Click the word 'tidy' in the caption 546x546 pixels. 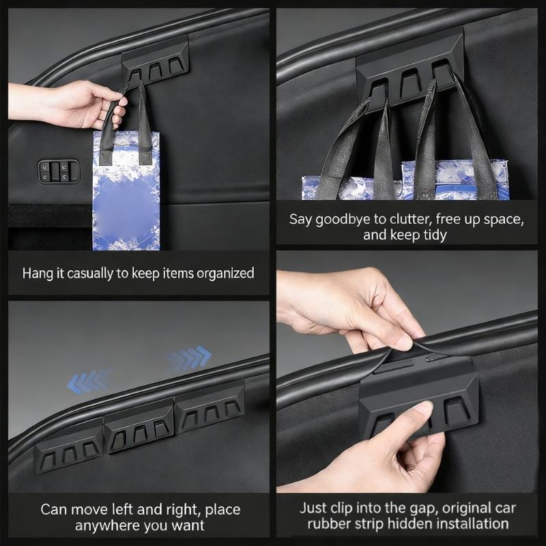click(435, 235)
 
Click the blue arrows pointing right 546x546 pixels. click(188, 358)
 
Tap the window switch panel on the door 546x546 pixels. click(59, 171)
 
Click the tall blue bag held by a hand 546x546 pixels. click(126, 190)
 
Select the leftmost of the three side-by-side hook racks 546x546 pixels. click(69, 445)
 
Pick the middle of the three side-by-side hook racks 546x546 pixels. click(139, 427)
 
